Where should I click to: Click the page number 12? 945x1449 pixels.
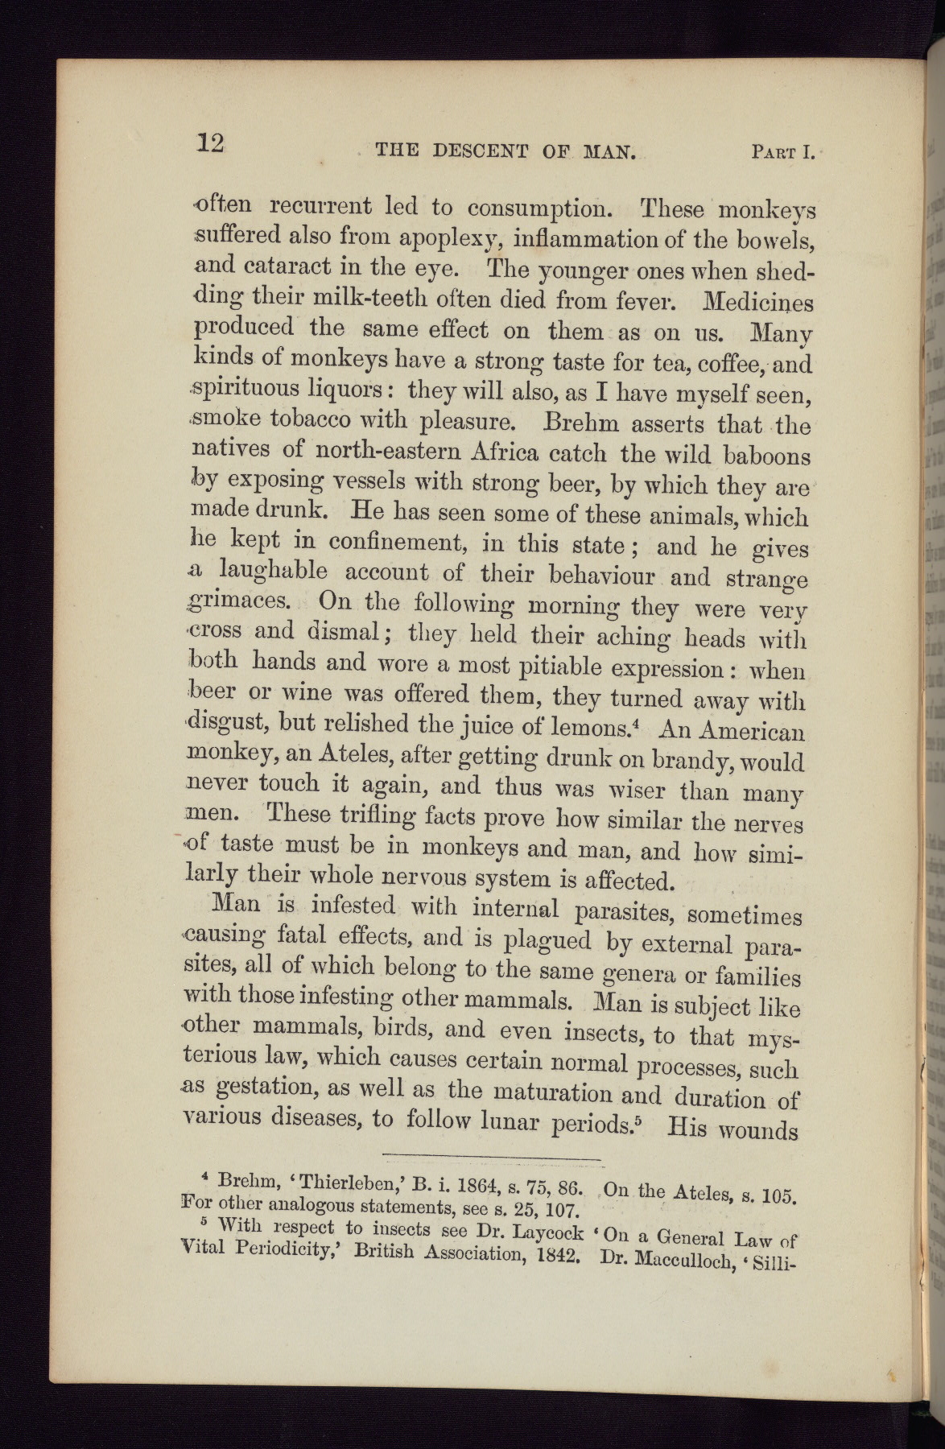pyautogui.click(x=210, y=143)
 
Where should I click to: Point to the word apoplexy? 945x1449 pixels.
pyautogui.click(x=423, y=238)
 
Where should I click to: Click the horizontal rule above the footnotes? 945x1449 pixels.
pyautogui.click(x=493, y=1158)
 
